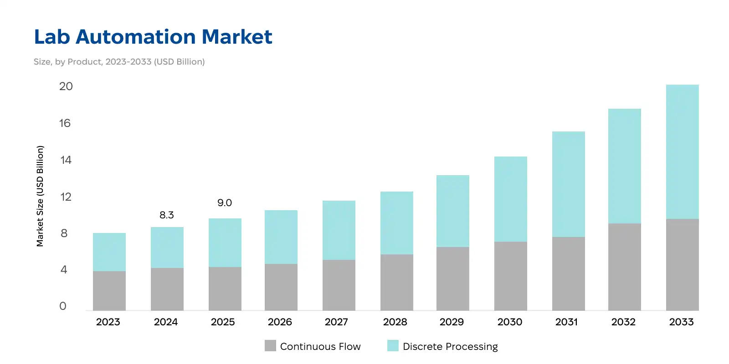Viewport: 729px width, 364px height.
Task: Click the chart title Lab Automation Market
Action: pyautogui.click(x=153, y=37)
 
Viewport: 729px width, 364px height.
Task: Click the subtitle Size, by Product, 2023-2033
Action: pyautogui.click(x=119, y=61)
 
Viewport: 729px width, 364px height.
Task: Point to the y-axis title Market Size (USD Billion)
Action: pyautogui.click(x=40, y=196)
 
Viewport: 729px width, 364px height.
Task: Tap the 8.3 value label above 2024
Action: pyautogui.click(x=167, y=215)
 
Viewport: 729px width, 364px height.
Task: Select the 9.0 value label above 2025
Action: pyautogui.click(x=225, y=202)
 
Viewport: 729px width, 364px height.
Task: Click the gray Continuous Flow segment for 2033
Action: pyautogui.click(x=682, y=265)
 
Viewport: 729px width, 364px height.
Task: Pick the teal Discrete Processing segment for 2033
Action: pyautogui.click(x=682, y=152)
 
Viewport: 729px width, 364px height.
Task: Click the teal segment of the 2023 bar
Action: pyautogui.click(x=109, y=252)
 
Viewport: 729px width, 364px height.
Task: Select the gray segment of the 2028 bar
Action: pyautogui.click(x=397, y=282)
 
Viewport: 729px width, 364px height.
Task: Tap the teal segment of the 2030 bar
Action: pyautogui.click(x=511, y=199)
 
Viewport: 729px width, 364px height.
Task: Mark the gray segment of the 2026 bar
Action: pyautogui.click(x=281, y=287)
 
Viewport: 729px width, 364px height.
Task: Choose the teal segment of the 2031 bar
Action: pyautogui.click(x=568, y=184)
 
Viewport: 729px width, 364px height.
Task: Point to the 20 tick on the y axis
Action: pyautogui.click(x=66, y=86)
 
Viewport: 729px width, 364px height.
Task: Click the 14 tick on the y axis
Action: pyautogui.click(x=66, y=160)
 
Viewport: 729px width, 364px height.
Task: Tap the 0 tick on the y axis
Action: pyautogui.click(x=63, y=306)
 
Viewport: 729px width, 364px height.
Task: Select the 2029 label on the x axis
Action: pyautogui.click(x=452, y=322)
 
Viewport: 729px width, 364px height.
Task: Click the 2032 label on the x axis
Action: pyautogui.click(x=623, y=322)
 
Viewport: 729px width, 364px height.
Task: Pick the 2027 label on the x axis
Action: pyautogui.click(x=337, y=322)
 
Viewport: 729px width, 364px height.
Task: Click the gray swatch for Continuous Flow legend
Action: pyautogui.click(x=270, y=346)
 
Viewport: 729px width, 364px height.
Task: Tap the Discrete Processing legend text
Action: pyautogui.click(x=450, y=347)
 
